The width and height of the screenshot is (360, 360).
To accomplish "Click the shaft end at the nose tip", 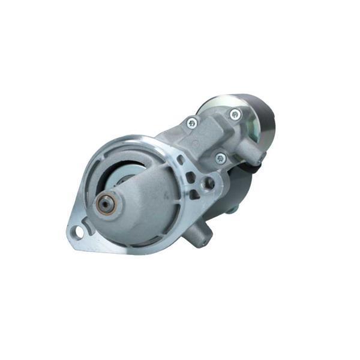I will tap(105, 205).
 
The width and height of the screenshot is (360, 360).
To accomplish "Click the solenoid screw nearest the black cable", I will tap(220, 158).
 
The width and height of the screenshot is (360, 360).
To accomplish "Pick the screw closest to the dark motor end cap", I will tap(234, 113).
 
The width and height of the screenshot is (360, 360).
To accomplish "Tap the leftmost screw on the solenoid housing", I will tap(192, 123).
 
